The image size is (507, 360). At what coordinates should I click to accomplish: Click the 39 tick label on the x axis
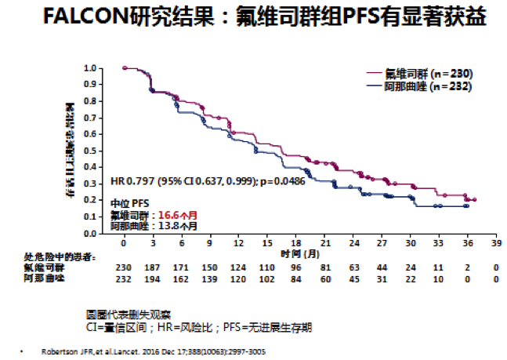click(494, 244)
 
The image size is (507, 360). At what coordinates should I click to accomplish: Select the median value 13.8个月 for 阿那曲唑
click(175, 225)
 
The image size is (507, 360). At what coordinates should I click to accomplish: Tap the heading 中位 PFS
click(129, 202)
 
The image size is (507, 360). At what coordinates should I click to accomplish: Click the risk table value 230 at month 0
click(125, 267)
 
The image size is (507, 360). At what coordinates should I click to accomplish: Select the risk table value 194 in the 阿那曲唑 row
click(153, 278)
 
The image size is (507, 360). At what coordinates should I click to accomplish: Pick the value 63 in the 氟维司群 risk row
click(353, 267)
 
